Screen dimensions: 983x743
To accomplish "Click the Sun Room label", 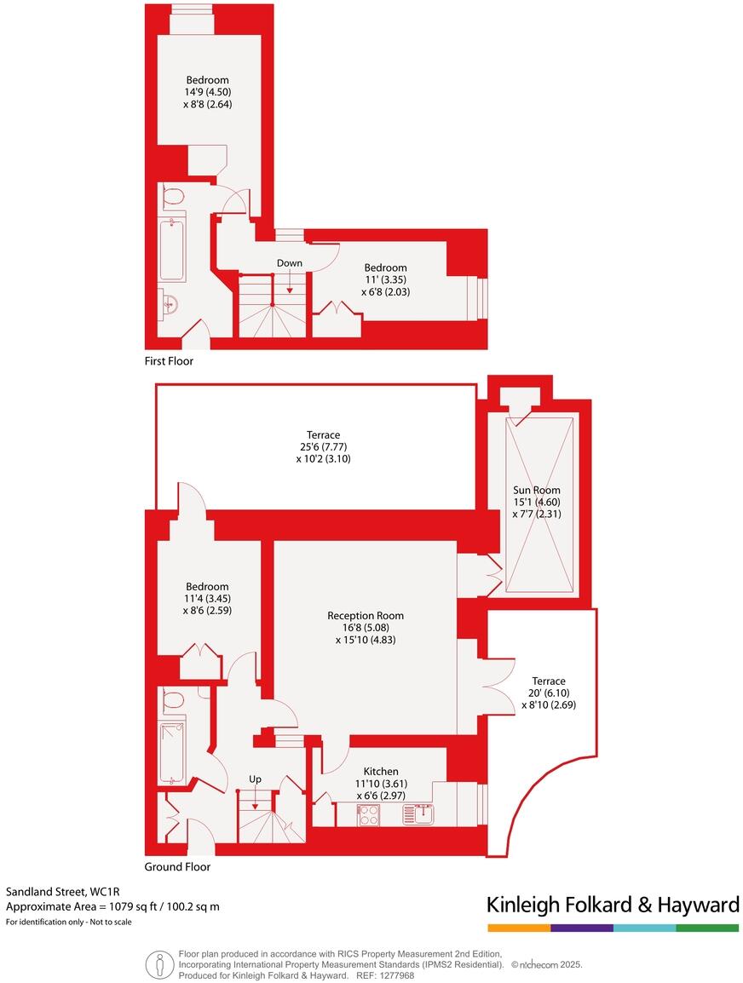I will (x=536, y=490).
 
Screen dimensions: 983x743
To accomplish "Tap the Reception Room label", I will (x=366, y=615).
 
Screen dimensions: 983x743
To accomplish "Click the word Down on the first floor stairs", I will (x=289, y=263).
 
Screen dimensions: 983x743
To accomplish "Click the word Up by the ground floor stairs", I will (x=255, y=779).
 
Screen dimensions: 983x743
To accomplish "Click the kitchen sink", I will (x=419, y=815).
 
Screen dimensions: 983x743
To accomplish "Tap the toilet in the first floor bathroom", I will (x=173, y=198).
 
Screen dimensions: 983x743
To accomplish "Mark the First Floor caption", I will (x=169, y=361).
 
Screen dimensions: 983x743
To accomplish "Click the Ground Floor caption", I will (x=177, y=867).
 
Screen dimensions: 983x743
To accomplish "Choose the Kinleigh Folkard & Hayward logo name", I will (x=612, y=905).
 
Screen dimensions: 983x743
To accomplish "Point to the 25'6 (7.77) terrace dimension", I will (x=318, y=446).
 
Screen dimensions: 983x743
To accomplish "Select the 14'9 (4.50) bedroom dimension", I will (x=208, y=92).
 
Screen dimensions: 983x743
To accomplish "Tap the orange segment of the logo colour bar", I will (x=518, y=928).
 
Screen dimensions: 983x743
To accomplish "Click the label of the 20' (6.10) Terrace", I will (x=548, y=681).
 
